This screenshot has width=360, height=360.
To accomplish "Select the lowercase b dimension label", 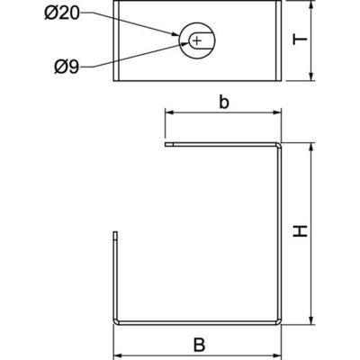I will coord(223,102).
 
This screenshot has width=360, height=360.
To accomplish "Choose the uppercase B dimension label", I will coord(200,342).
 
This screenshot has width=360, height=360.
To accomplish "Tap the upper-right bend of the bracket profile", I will coord(281,144).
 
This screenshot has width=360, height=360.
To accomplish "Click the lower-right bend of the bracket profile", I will coord(281,320).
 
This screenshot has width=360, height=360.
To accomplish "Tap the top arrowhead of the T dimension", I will coord(310,5).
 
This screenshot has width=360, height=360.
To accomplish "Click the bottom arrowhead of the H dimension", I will coord(310,319).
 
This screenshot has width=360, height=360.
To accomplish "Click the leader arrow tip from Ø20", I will coord(184,35).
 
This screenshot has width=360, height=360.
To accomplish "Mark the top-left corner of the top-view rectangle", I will coord(115,3).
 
